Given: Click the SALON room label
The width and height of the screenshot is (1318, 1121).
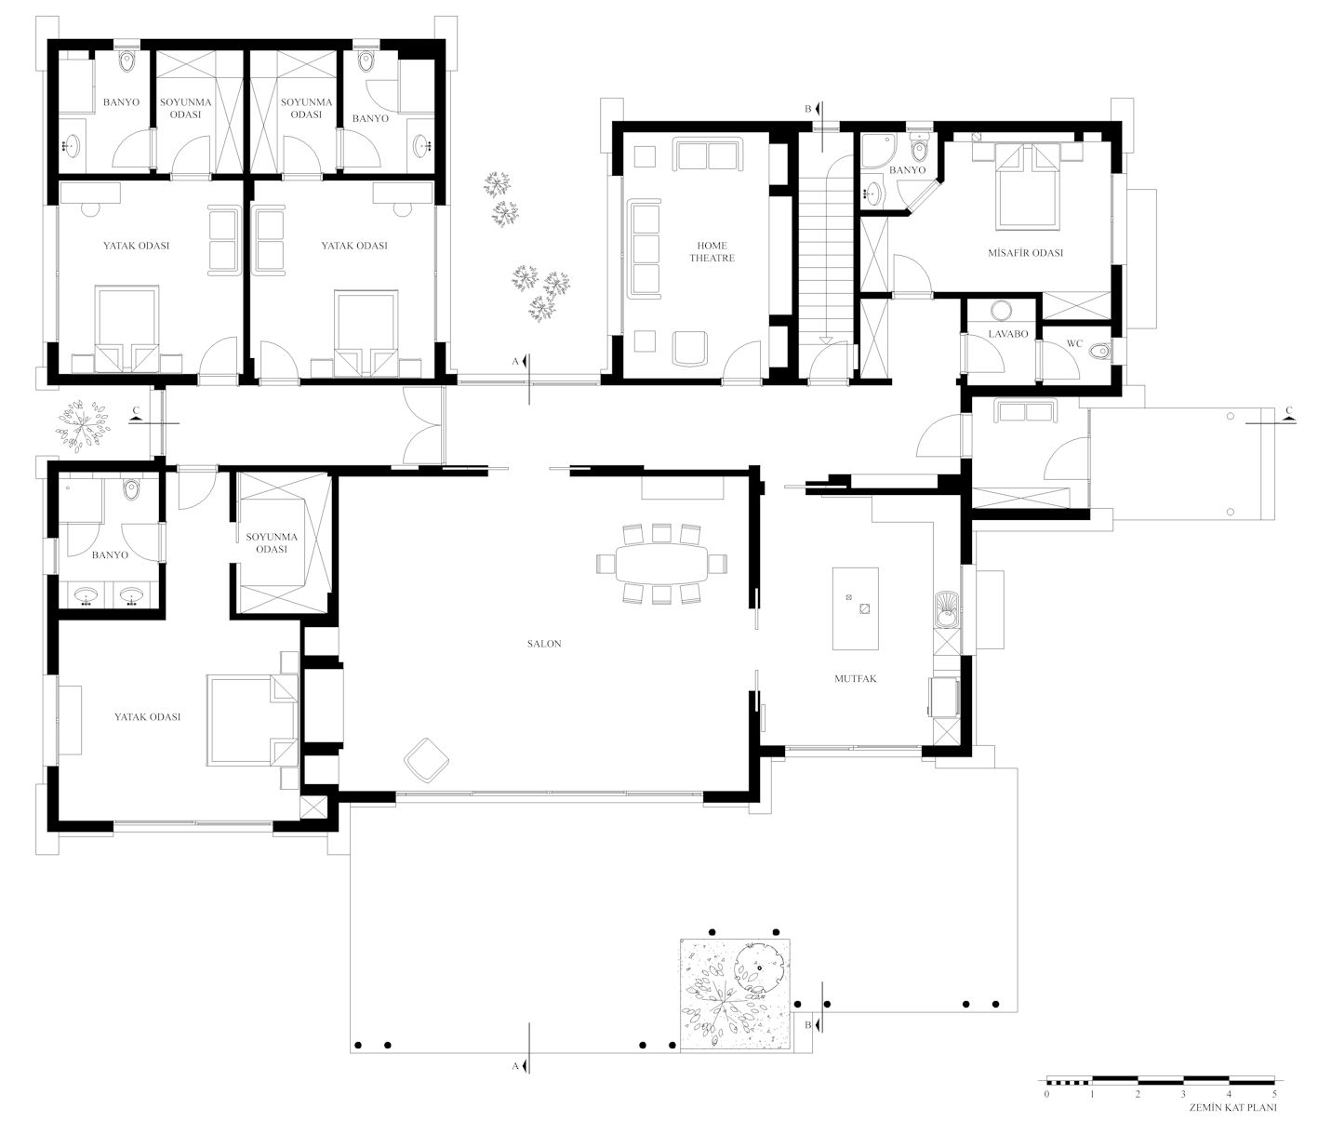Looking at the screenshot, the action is tap(544, 644).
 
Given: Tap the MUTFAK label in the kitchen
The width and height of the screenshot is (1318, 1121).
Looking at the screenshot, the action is tap(855, 678).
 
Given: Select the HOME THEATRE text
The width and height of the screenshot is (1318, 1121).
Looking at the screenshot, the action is tap(712, 251).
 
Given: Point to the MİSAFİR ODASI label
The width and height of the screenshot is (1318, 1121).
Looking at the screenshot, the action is tap(1025, 252).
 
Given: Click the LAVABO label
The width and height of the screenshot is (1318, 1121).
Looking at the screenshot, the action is tap(1008, 333).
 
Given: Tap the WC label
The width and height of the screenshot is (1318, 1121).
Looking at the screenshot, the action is tap(1074, 343).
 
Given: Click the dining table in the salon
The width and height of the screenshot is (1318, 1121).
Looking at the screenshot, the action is tap(661, 564).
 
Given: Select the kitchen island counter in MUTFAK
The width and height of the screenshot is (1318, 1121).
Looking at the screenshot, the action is tap(855, 608).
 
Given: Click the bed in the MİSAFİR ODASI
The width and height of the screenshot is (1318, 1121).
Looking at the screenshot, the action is tap(1027, 185).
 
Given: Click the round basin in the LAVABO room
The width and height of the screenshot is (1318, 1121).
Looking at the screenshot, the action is tap(1001, 311).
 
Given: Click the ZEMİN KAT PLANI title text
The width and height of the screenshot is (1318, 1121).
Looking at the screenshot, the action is tap(1234, 1108).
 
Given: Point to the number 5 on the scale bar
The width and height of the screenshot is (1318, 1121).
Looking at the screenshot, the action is tap(1274, 1094).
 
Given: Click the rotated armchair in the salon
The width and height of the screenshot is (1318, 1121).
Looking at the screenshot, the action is tap(426, 759).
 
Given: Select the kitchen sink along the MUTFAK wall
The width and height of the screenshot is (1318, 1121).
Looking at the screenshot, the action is tap(946, 610).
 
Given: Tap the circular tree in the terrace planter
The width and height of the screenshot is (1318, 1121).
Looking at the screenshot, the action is tap(759, 968).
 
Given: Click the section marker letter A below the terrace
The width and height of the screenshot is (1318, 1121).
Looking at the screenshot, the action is tap(515, 1065).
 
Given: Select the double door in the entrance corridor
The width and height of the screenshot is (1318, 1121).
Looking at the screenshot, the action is tap(422, 426).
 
